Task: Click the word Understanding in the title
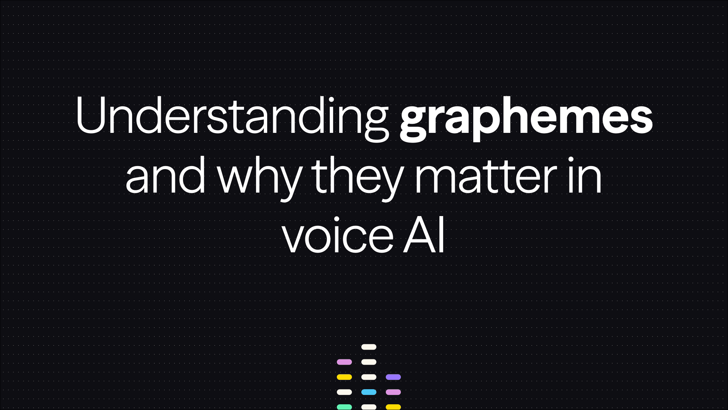click(x=231, y=116)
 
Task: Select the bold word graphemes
click(x=526, y=117)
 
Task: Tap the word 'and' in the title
click(x=165, y=176)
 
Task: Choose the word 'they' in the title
click(x=357, y=178)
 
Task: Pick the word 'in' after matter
click(x=585, y=176)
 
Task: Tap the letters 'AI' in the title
click(x=424, y=235)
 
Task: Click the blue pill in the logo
click(x=369, y=392)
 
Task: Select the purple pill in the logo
click(x=393, y=377)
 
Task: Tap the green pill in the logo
click(x=344, y=407)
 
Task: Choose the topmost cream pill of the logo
click(x=369, y=347)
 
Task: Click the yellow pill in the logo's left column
click(x=344, y=377)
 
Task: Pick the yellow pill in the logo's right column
click(x=393, y=407)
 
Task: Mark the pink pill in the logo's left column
click(x=344, y=362)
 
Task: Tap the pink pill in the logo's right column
click(x=393, y=392)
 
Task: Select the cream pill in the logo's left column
click(x=344, y=392)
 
